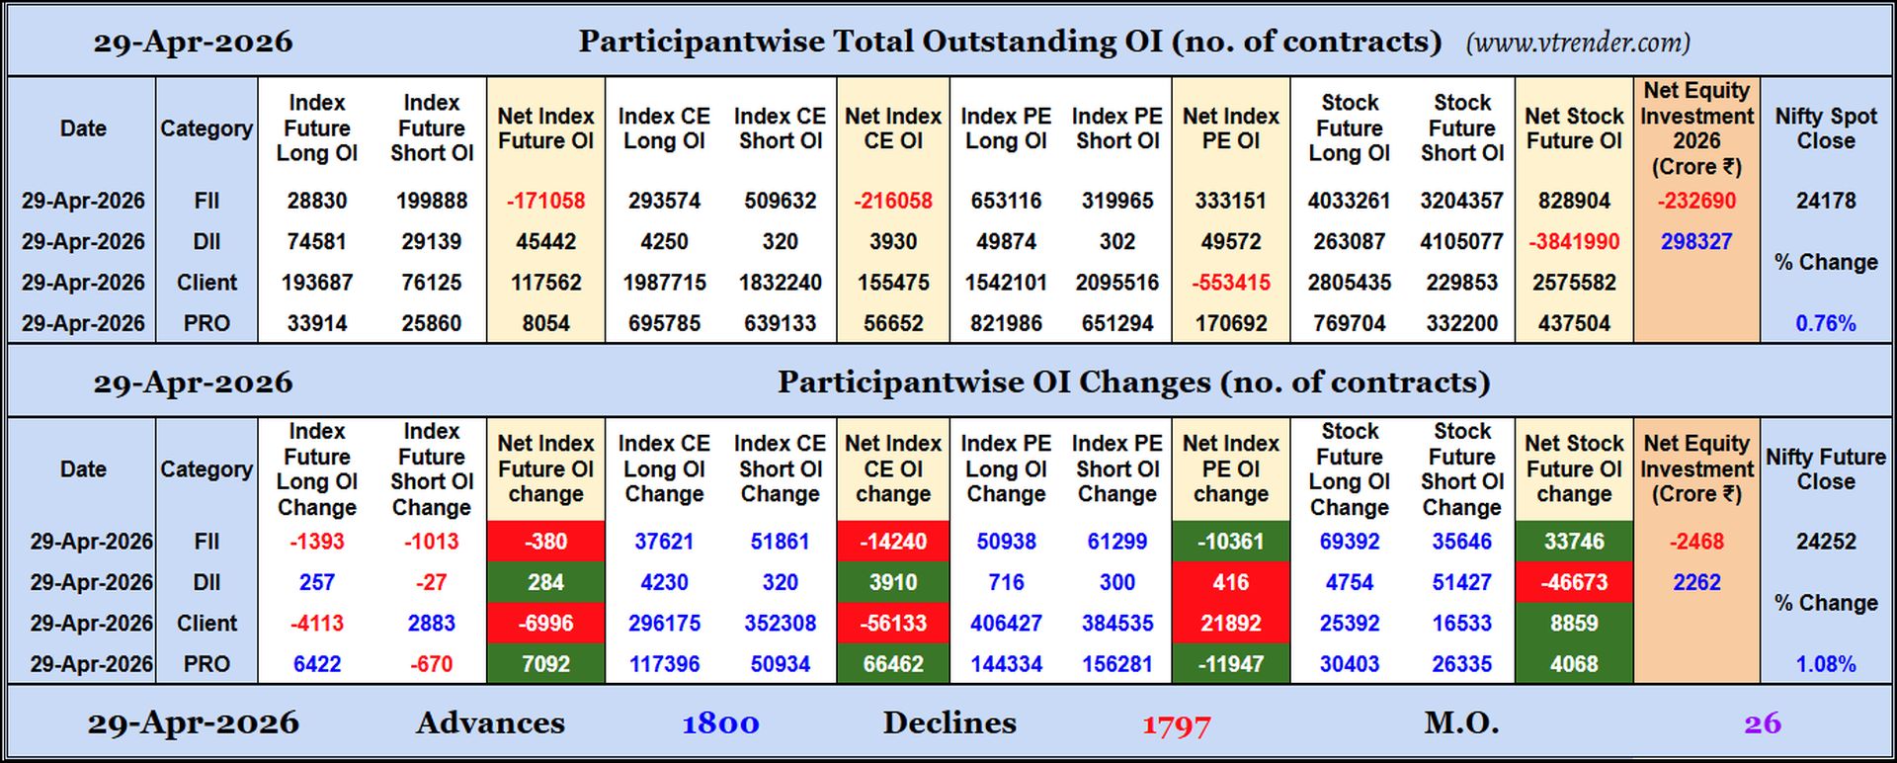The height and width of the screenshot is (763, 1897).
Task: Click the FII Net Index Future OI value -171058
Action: pyautogui.click(x=545, y=201)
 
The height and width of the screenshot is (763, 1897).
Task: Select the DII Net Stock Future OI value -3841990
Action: pyautogui.click(x=1573, y=242)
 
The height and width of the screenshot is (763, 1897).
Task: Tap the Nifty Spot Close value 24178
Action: pyautogui.click(x=1825, y=201)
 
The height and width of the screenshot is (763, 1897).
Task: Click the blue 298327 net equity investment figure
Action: pyautogui.click(x=1695, y=242)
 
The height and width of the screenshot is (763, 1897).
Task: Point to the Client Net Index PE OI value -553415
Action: pyautogui.click(x=1230, y=283)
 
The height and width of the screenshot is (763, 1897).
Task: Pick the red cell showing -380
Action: pyautogui.click(x=545, y=542)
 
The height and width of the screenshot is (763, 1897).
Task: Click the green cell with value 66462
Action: pyautogui.click(x=892, y=664)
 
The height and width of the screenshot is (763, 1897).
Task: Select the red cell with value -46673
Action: pyautogui.click(x=1573, y=583)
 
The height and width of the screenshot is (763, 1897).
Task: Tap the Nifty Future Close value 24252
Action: pyautogui.click(x=1825, y=542)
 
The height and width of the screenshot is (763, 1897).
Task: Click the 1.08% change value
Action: pyautogui.click(x=1825, y=664)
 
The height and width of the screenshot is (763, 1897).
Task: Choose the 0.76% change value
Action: pyautogui.click(x=1825, y=323)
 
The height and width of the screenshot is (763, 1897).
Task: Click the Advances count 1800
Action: pyautogui.click(x=720, y=723)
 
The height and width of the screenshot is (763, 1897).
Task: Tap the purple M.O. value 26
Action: pyautogui.click(x=1762, y=723)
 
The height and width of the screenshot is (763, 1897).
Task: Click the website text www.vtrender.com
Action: pyautogui.click(x=1578, y=42)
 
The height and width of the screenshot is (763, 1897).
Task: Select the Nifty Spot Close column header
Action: pyautogui.click(x=1825, y=128)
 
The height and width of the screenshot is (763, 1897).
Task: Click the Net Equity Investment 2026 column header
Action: pyautogui.click(x=1695, y=128)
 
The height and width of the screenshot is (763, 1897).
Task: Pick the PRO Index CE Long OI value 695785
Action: pyautogui.click(x=664, y=323)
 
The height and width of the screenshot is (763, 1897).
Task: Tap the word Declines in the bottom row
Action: pyautogui.click(x=948, y=723)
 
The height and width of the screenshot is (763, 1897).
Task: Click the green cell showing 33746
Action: pyautogui.click(x=1573, y=542)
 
